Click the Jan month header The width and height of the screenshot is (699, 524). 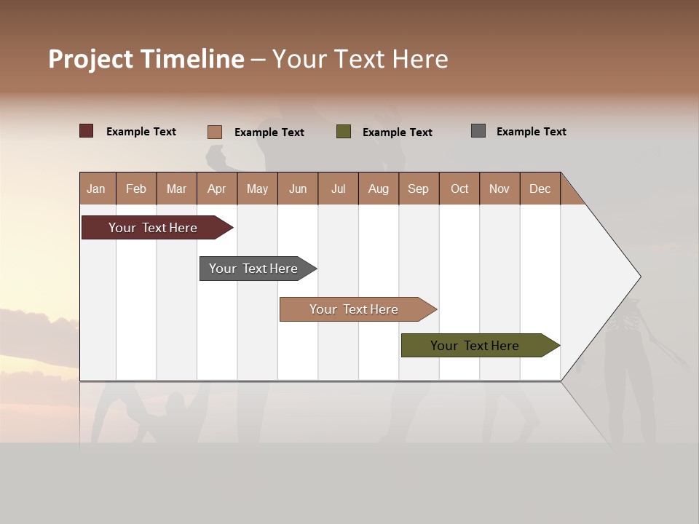click(96, 188)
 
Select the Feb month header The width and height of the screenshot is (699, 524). click(136, 188)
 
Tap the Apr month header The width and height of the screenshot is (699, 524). click(216, 188)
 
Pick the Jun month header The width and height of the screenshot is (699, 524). click(298, 188)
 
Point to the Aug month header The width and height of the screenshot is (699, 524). click(378, 188)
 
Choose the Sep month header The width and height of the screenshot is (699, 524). click(418, 188)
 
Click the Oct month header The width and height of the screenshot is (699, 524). click(459, 188)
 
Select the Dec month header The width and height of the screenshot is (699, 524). click(540, 188)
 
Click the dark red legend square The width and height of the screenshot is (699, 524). click(87, 131)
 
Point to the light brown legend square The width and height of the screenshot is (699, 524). click(215, 132)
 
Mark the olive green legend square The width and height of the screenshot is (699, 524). click(344, 132)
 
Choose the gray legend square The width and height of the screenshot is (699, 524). click(478, 131)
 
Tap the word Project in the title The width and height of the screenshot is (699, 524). click(90, 59)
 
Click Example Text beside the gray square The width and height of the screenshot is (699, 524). click(531, 132)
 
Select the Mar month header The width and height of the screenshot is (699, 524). click(176, 188)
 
